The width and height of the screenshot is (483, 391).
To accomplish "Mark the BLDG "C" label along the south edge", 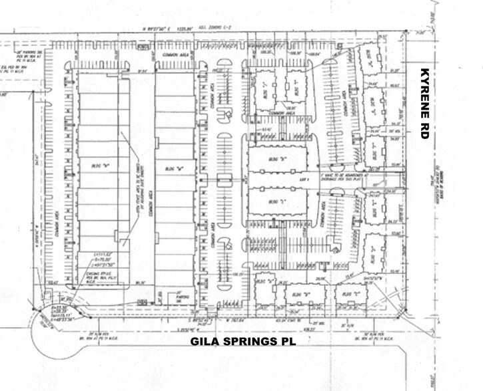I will [x=350, y=291].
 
